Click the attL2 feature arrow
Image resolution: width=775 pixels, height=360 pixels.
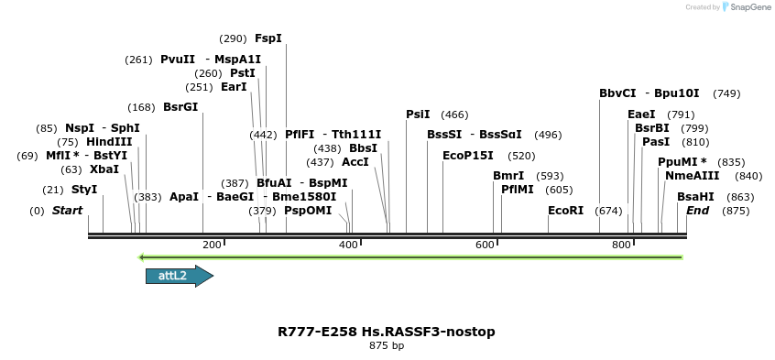point(179,276)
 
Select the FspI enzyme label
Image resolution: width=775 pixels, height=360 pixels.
point(268,38)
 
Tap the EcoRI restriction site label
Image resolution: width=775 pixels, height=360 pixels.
point(565,211)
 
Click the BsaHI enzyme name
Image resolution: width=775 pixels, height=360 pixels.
point(695,197)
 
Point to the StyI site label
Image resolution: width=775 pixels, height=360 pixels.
point(84,190)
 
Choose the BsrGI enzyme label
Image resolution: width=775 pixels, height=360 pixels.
point(180,107)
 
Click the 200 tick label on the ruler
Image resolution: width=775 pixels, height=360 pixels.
point(212,245)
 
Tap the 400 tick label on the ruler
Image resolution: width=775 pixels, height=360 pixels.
point(348,245)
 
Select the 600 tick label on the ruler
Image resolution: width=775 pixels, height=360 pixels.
point(485,245)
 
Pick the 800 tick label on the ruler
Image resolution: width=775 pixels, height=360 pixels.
point(621,245)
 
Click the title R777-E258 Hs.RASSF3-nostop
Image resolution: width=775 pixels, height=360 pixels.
point(387,332)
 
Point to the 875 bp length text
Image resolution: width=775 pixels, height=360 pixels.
point(387,346)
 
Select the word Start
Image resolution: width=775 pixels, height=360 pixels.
point(67,211)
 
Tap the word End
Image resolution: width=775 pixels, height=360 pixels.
point(698,211)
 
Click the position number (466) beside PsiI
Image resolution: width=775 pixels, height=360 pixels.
point(454,115)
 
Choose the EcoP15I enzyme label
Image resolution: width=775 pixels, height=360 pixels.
point(468,156)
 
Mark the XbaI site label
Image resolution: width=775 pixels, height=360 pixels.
point(104,169)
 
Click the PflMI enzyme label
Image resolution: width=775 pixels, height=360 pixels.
point(518,190)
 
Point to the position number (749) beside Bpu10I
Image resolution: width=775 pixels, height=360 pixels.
point(726,93)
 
